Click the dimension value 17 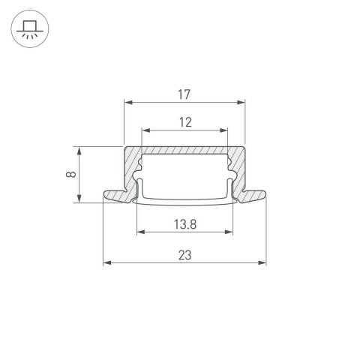(184, 94)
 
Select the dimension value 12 (184, 121)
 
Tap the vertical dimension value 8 (70, 174)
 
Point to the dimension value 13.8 (184, 223)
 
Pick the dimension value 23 (184, 255)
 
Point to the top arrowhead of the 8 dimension (79, 148)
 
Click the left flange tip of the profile (105, 196)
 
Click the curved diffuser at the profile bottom (184, 202)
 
